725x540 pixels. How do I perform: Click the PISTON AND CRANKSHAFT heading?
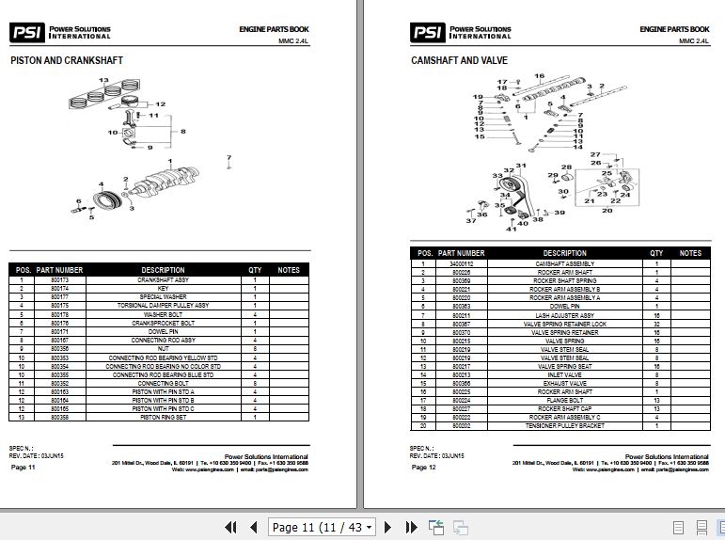[66, 60]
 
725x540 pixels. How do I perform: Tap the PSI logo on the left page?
[25, 33]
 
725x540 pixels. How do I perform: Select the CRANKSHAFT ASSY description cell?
[164, 280]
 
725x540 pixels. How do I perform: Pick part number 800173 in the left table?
[60, 280]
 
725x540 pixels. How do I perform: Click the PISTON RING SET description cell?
[164, 417]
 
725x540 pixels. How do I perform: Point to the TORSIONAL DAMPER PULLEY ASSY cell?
[164, 306]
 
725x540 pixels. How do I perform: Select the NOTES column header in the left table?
[289, 270]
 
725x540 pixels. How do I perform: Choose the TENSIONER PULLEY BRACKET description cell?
[564, 426]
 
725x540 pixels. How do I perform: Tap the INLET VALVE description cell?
[564, 374]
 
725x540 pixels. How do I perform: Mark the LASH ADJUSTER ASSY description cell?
[564, 315]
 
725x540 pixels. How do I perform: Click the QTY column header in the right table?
[656, 253]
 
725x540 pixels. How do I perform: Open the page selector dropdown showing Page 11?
[323, 527]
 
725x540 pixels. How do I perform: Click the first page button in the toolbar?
[229, 527]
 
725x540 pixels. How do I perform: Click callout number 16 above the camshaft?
[540, 75]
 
